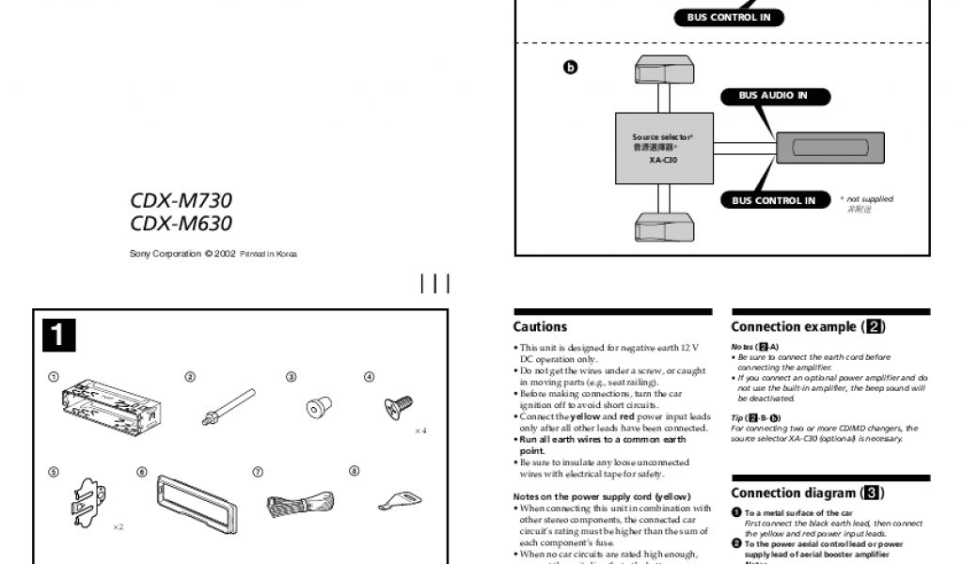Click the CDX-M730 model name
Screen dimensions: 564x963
[x=181, y=201]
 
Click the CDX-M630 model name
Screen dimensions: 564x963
[x=181, y=225]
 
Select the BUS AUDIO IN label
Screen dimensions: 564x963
[x=772, y=96]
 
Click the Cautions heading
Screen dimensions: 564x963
[x=540, y=327]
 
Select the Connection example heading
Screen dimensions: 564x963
[x=808, y=327]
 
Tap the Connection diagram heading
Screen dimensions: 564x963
[x=807, y=493]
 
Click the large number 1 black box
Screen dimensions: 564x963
[x=58, y=336]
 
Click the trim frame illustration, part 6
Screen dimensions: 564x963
[x=196, y=503]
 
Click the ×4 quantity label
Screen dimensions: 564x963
[x=420, y=431]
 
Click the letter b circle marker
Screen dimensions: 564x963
[x=569, y=68]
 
